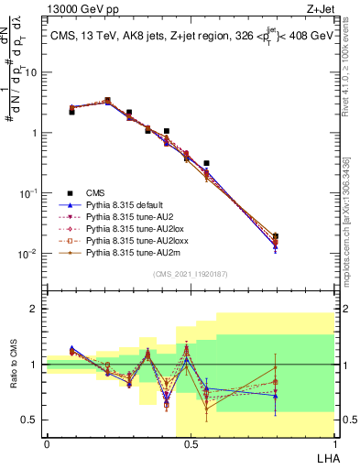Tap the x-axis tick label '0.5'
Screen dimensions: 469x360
pos(191,444)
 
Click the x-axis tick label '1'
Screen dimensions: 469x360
pos(333,444)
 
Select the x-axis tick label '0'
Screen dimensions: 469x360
pos(47,444)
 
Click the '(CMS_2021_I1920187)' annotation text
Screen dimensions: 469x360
pos(191,274)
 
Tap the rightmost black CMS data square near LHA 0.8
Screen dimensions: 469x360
pos(276,235)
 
